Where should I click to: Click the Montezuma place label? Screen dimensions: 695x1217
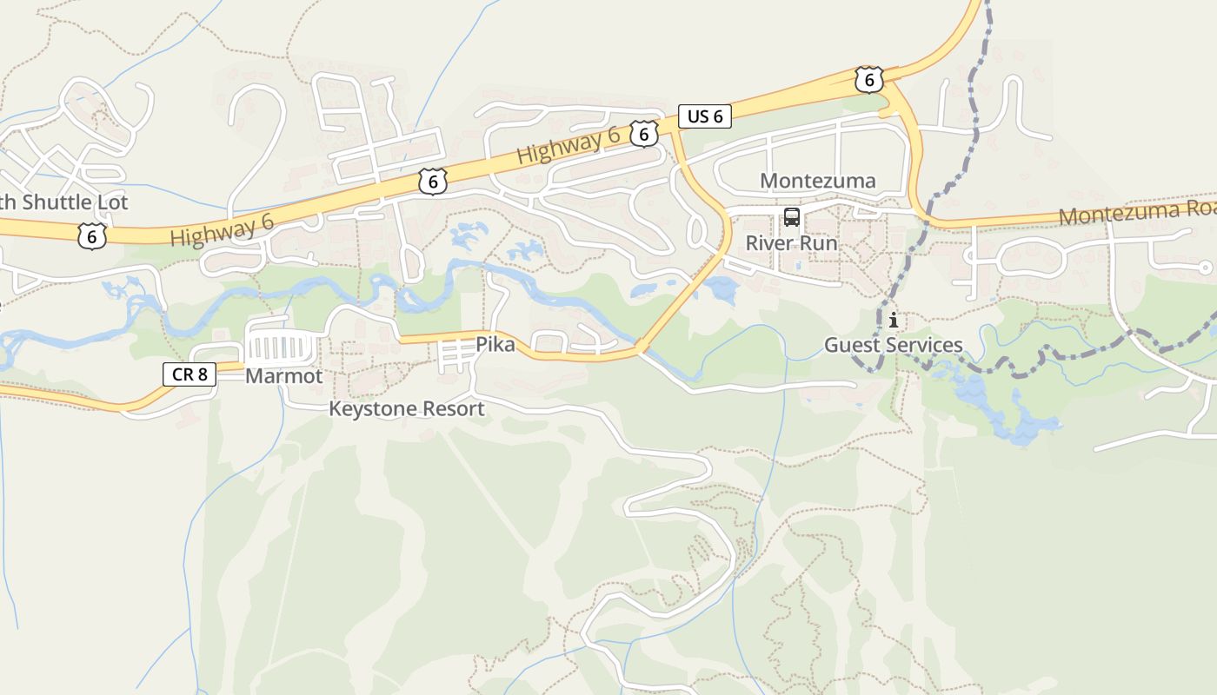(x=818, y=181)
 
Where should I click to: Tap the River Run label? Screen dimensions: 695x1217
(x=791, y=243)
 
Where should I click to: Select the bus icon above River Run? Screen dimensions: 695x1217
(x=791, y=217)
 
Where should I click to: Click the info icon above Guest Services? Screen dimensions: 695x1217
(x=893, y=321)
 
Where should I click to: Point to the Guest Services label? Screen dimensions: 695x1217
(x=893, y=346)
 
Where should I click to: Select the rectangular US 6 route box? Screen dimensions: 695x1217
(x=704, y=116)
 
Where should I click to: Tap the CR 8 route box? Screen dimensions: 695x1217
(x=189, y=374)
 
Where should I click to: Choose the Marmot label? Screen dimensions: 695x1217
(x=283, y=376)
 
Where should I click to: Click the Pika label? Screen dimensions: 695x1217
(x=495, y=345)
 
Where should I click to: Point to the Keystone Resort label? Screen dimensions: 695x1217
(x=406, y=408)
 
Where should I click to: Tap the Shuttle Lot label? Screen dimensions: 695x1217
(x=64, y=202)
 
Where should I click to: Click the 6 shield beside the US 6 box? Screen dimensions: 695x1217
(x=643, y=133)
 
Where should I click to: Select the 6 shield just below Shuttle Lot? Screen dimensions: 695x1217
(x=91, y=235)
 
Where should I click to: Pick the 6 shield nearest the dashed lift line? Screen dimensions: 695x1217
(x=868, y=80)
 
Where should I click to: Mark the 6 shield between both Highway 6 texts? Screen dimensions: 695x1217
(x=432, y=181)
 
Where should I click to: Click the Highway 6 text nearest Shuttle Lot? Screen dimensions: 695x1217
(x=222, y=231)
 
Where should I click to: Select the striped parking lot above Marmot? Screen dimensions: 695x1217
(x=280, y=347)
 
